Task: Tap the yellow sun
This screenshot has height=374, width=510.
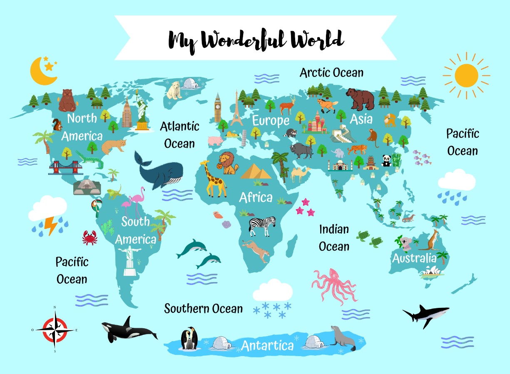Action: click(x=466, y=76)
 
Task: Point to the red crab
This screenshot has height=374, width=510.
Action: click(x=90, y=238)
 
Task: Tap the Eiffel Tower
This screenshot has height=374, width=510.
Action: click(x=236, y=109)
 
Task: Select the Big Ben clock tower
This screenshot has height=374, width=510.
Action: click(x=217, y=108)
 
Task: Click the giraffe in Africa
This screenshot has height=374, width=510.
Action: click(x=214, y=179)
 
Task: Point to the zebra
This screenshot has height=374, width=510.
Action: click(x=262, y=225)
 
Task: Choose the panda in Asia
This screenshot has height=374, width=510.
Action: click(x=386, y=161)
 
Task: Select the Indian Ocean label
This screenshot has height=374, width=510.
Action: click(x=334, y=238)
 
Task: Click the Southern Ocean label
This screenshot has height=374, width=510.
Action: click(x=203, y=309)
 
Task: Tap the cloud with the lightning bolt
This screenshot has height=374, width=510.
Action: click(x=48, y=215)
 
